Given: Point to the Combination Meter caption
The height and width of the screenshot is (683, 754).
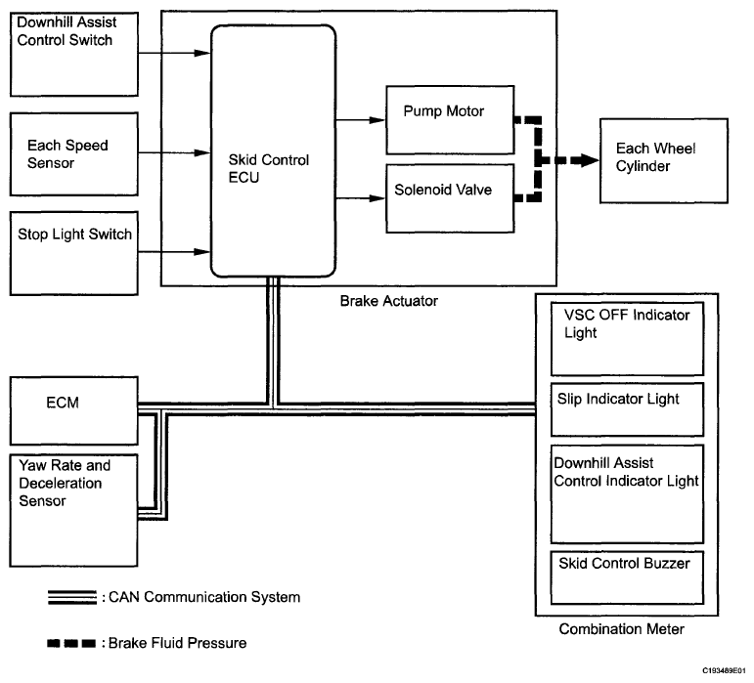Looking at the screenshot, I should (621, 630).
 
